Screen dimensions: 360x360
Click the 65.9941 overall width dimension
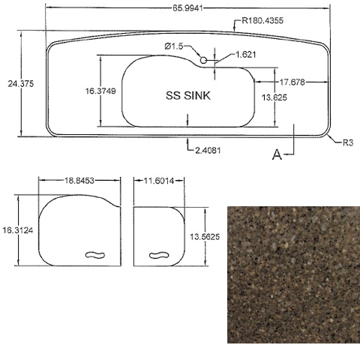[187, 8]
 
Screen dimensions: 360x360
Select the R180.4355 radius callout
[262, 20]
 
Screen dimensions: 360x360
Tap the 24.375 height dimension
[20, 84]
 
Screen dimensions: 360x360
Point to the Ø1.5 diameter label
[174, 46]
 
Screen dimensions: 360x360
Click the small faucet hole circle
[203, 60]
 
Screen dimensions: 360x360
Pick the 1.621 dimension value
[246, 55]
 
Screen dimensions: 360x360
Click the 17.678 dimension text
[292, 82]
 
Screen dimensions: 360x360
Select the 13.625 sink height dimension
[274, 97]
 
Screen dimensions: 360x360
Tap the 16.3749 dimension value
[100, 91]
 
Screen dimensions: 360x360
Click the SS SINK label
[188, 96]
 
